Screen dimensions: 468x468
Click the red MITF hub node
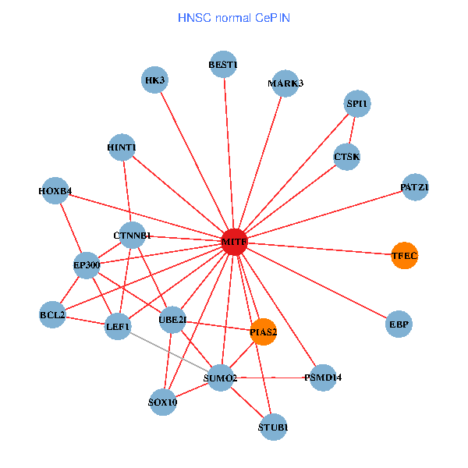pyautogui.click(x=234, y=243)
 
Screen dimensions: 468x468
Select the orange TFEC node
pyautogui.click(x=404, y=256)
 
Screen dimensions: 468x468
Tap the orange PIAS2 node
pyautogui.click(x=264, y=332)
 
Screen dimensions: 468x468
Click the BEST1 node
pyautogui.click(x=223, y=65)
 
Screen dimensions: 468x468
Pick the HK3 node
pyautogui.click(x=154, y=80)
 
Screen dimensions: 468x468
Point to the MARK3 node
pyautogui.click(x=285, y=83)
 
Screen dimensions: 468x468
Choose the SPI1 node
pyautogui.click(x=357, y=104)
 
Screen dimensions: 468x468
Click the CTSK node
pyautogui.click(x=346, y=157)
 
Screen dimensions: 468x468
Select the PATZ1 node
pyautogui.click(x=414, y=187)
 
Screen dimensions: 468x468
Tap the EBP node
pyautogui.click(x=399, y=324)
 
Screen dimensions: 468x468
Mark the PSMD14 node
pyautogui.click(x=322, y=378)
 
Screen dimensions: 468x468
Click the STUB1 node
pyautogui.click(x=273, y=427)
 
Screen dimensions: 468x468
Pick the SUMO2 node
pyautogui.click(x=220, y=379)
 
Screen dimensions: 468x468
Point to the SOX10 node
pyautogui.click(x=162, y=402)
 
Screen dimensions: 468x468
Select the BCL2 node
pyautogui.click(x=52, y=315)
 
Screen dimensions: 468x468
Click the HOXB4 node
pyautogui.click(x=55, y=191)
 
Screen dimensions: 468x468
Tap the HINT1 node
pyautogui.click(x=122, y=147)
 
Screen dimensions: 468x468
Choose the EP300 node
pyautogui.click(x=87, y=265)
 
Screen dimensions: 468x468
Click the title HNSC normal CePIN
pyautogui.click(x=234, y=16)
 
